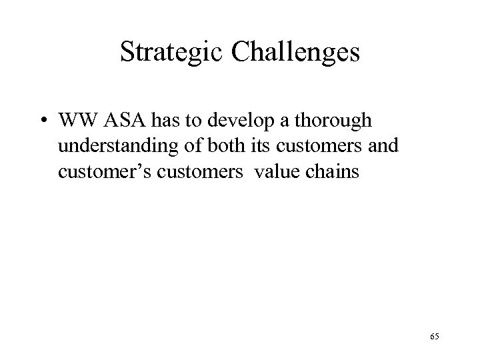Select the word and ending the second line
[x=366, y=147]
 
